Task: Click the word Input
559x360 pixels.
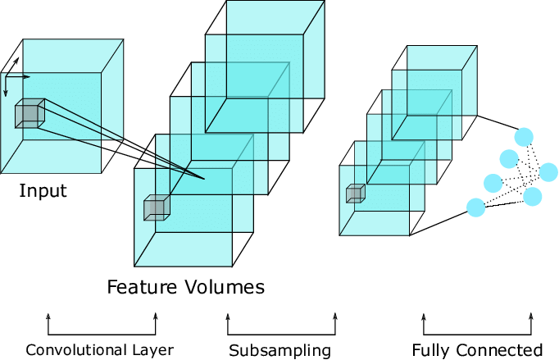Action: coord(43,192)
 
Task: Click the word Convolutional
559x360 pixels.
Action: coord(75,351)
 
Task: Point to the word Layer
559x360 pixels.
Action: coord(151,351)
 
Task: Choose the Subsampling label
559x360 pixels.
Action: coord(279,351)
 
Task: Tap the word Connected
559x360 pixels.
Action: coord(500,351)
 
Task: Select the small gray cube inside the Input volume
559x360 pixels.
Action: coord(30,113)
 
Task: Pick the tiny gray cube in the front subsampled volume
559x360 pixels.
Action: coord(355,194)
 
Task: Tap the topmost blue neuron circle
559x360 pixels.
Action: coord(524,135)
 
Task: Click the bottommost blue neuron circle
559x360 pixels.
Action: coord(475,207)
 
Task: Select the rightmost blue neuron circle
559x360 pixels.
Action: coord(548,172)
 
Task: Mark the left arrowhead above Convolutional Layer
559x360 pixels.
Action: coord(48,316)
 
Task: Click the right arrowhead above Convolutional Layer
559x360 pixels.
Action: coord(156,316)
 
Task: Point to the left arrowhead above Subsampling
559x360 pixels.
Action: coord(227,316)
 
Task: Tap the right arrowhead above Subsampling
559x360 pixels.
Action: coord(335,316)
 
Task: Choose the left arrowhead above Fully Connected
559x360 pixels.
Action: coord(424,316)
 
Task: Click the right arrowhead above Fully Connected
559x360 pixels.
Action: coord(531,316)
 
